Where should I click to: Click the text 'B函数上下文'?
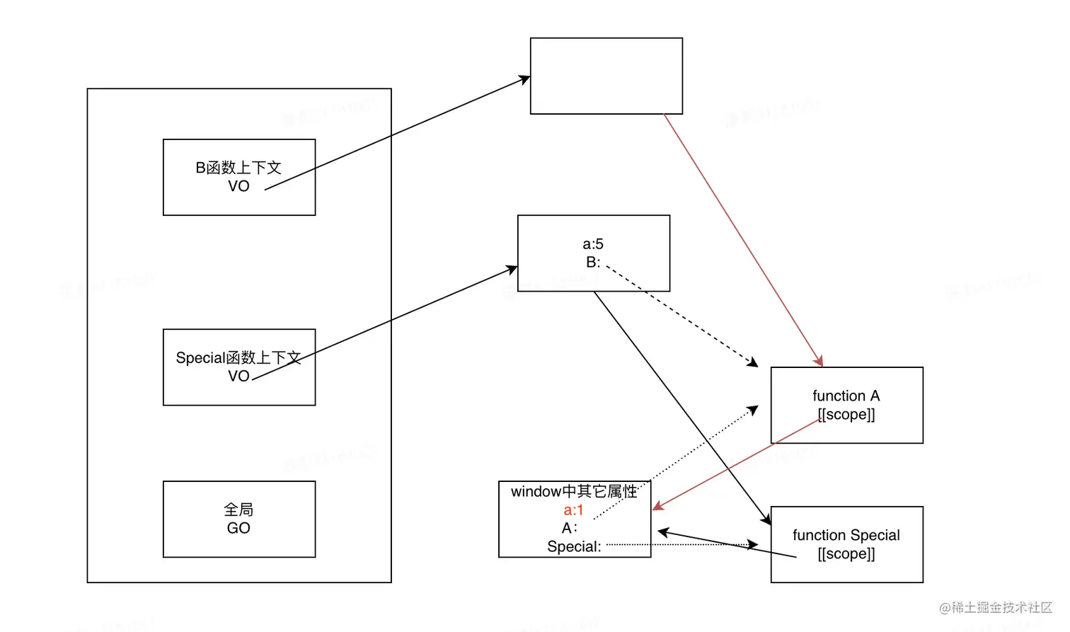[x=238, y=168]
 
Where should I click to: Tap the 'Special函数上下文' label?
[x=238, y=357]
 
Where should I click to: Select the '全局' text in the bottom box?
[x=238, y=510]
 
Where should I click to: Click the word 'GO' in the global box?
[x=238, y=528]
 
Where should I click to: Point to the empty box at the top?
[x=606, y=76]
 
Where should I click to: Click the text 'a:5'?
[x=593, y=244]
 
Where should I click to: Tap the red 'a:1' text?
[x=573, y=510]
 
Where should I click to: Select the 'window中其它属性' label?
[x=574, y=491]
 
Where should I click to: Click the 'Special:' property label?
[x=574, y=546]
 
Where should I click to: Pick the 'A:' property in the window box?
[x=570, y=528]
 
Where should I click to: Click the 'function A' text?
[x=846, y=396]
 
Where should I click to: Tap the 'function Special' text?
[x=846, y=535]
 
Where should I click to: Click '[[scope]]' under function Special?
[x=846, y=553]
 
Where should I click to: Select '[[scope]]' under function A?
[x=846, y=414]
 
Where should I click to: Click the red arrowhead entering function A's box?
[x=819, y=362]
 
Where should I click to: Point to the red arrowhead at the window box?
[x=657, y=506]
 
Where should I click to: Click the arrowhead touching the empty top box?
[x=525, y=79]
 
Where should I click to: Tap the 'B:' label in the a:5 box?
[x=593, y=263]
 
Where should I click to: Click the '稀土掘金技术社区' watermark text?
[x=1001, y=607]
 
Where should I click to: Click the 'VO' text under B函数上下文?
[x=238, y=186]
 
